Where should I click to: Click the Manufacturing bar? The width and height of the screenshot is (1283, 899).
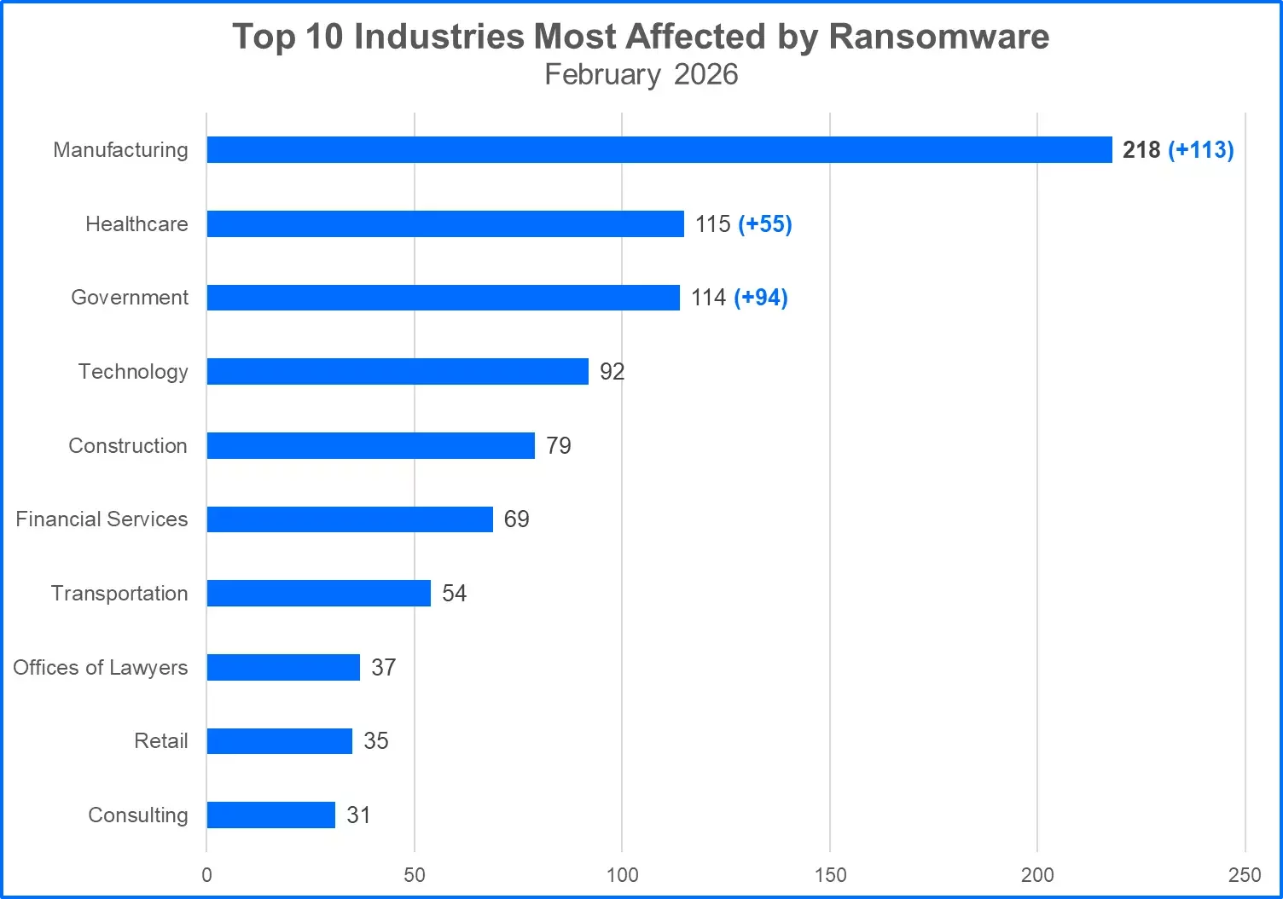[x=659, y=150]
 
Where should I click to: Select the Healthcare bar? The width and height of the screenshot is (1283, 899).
[x=444, y=224]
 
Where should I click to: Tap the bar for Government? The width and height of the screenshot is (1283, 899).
[x=443, y=298]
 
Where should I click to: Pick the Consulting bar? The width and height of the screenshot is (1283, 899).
[x=270, y=815]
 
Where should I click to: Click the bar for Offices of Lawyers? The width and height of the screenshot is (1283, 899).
[x=283, y=668]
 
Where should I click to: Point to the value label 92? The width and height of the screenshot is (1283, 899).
[x=612, y=372]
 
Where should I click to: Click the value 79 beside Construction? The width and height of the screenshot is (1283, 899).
[x=559, y=446]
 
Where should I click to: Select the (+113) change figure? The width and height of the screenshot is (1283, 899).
[x=1200, y=150]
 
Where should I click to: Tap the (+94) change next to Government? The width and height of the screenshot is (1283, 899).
[x=761, y=298]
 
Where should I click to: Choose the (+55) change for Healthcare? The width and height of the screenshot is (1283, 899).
[x=765, y=224]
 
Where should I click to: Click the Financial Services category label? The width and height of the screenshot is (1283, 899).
[x=102, y=519]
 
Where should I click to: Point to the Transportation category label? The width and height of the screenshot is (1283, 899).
[x=119, y=594]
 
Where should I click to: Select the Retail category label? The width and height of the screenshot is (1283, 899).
[x=160, y=741]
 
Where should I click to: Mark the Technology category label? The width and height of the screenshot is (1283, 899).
[x=133, y=372]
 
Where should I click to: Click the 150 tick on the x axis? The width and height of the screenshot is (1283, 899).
[x=830, y=875]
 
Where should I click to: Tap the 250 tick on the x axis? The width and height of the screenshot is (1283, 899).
[x=1245, y=875]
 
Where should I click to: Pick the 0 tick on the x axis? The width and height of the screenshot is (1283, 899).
[x=206, y=875]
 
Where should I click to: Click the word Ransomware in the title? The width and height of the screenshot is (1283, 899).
[x=938, y=37]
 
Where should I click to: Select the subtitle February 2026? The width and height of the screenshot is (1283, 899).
[x=641, y=75]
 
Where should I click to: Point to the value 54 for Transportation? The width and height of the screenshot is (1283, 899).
[x=454, y=594]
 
